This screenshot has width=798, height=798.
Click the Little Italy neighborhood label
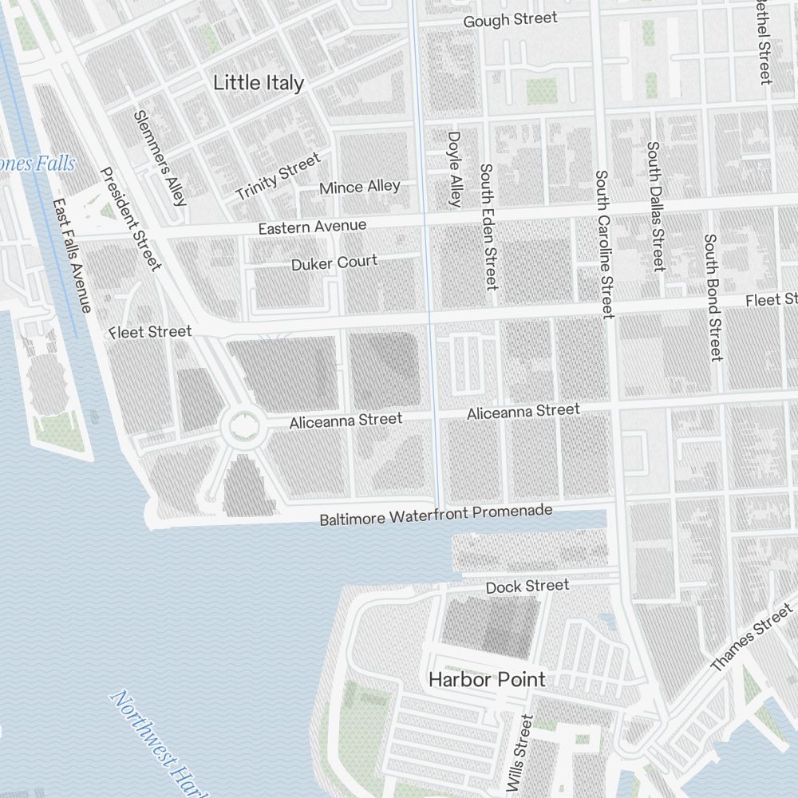(x=259, y=83)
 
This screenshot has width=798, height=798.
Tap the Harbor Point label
(x=487, y=680)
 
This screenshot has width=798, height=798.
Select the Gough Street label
(x=511, y=20)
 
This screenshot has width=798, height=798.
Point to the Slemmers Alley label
(x=160, y=157)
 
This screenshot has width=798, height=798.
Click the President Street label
(x=131, y=219)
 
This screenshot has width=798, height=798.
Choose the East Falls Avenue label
(x=71, y=255)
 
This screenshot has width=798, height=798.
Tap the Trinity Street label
(x=277, y=176)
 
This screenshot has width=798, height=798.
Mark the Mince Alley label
(x=360, y=188)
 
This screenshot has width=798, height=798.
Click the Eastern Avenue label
(x=312, y=227)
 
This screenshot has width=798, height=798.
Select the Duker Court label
(x=334, y=263)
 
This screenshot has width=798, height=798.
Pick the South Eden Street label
(x=488, y=227)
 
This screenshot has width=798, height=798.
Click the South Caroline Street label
(x=603, y=243)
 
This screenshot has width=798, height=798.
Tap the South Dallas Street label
(x=655, y=206)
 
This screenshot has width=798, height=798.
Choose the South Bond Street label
(x=713, y=297)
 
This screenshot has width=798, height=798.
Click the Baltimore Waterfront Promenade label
(x=436, y=516)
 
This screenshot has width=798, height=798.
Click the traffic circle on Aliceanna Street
(x=243, y=429)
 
